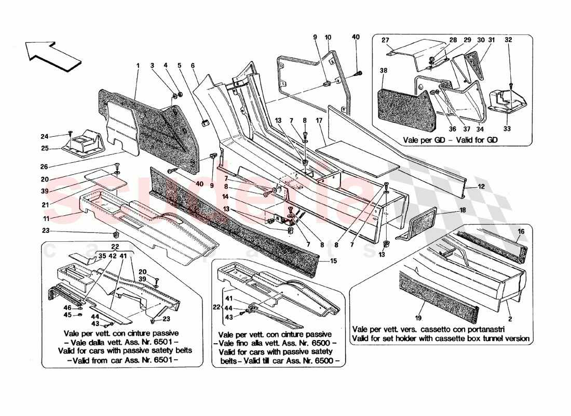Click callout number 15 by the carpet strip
[332, 262]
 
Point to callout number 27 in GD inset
[385, 41]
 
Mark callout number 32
[509, 40]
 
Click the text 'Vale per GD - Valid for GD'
[451, 140]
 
